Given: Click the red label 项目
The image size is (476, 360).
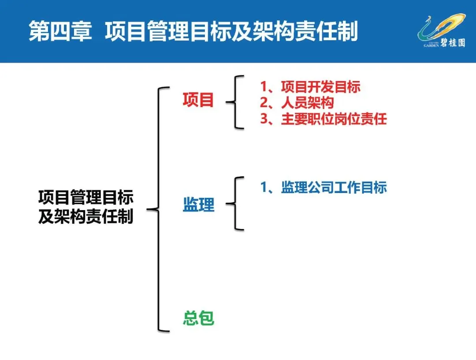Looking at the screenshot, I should coord(198,100).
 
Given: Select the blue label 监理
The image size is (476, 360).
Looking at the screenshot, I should coord(198,205).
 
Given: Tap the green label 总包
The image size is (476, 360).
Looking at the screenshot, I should coord(198,318).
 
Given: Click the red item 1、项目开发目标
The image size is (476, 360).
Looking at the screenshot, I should coord(310,87).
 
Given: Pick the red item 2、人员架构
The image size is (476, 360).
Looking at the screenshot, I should coord(297,103).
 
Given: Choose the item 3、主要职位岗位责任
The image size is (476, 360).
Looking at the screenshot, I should coord(323,119).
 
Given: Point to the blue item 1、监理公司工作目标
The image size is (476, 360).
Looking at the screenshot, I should coord(323,187).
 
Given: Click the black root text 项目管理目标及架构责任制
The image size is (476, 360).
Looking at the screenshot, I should coord(86,207).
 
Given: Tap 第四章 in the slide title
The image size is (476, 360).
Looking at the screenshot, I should coord(60,32).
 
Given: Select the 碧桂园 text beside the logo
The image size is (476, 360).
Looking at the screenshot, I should coord(452,43).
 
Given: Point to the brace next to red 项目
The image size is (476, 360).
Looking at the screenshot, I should coord(236,102).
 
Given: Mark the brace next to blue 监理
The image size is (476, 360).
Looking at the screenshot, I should coord(236,204).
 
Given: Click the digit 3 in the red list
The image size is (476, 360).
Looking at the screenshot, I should coord(264,119).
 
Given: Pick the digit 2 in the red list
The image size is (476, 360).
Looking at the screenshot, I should coord(264,103).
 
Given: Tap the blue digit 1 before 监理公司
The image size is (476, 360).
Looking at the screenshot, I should coord(264,187).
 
